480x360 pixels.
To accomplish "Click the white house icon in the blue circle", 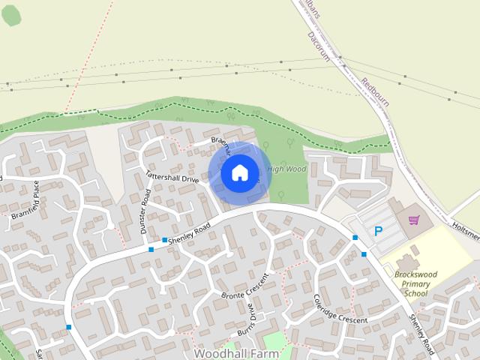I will coord(239,173).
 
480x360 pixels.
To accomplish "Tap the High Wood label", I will coord(287,169).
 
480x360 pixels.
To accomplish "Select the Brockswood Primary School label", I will coord(415,283).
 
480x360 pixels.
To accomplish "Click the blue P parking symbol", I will coord(378,232).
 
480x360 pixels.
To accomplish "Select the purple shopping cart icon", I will coord(413,220).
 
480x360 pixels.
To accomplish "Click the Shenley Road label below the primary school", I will coord(421,333).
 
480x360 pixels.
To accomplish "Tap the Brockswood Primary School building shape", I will coord(409,263).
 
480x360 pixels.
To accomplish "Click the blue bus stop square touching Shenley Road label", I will coord(164,241).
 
